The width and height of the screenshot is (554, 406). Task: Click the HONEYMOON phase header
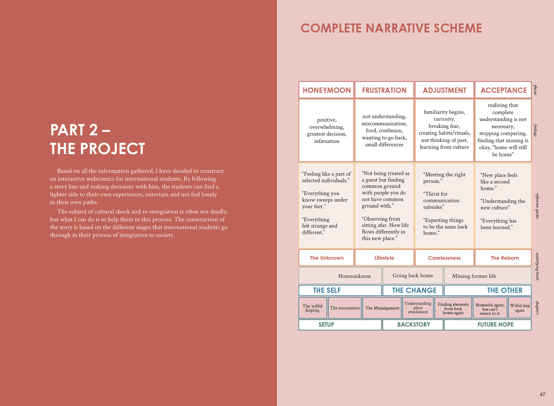pyautogui.click(x=326, y=90)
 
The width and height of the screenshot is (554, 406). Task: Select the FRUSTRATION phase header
pyautogui.click(x=384, y=90)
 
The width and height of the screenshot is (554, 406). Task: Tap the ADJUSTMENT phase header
pyautogui.click(x=444, y=90)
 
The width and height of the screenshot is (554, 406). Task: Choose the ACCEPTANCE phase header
pyautogui.click(x=503, y=90)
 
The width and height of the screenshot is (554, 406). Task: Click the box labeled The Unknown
pyautogui.click(x=326, y=258)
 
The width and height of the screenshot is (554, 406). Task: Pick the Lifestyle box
pyautogui.click(x=384, y=258)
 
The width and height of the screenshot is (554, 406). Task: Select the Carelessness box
pyautogui.click(x=444, y=258)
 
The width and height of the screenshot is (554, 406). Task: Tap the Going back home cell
pyautogui.click(x=413, y=275)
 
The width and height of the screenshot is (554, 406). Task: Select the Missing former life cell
pyautogui.click(x=487, y=276)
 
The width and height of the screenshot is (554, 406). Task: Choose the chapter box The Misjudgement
pyautogui.click(x=382, y=308)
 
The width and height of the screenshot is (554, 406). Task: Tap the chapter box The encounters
pyautogui.click(x=345, y=308)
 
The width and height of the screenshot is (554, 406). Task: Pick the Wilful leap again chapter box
pyautogui.click(x=520, y=308)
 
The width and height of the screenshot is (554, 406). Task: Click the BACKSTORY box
pyautogui.click(x=413, y=324)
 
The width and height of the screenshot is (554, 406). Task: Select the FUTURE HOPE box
pyautogui.click(x=495, y=324)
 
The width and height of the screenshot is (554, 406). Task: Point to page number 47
pyautogui.click(x=542, y=394)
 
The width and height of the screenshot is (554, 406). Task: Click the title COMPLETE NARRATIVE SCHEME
pyautogui.click(x=391, y=28)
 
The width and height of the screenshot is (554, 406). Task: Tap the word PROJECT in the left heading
pyautogui.click(x=113, y=149)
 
